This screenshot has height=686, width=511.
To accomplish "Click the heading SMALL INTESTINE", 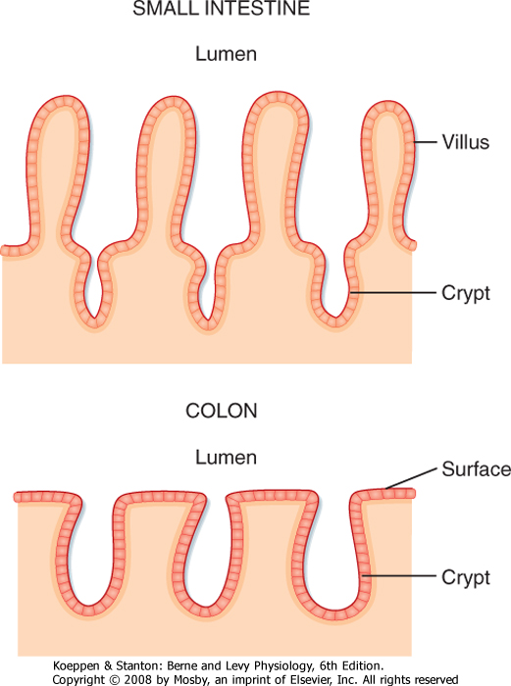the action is pyautogui.click(x=221, y=9).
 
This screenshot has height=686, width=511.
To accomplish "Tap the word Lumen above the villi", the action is pyautogui.click(x=226, y=54).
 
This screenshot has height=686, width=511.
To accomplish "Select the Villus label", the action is pyautogui.click(x=466, y=142).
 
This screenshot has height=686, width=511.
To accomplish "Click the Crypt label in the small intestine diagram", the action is pyautogui.click(x=466, y=294).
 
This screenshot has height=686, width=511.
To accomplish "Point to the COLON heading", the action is pyautogui.click(x=221, y=412).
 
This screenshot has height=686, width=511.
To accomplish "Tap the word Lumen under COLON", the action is pyautogui.click(x=226, y=458).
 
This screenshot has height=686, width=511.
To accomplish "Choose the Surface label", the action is pyautogui.click(x=476, y=469).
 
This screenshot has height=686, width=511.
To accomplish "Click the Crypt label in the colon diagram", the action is pyautogui.click(x=466, y=577).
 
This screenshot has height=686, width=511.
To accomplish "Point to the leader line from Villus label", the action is pyautogui.click(x=425, y=142).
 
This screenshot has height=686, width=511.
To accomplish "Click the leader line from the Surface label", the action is pyautogui.click(x=411, y=478).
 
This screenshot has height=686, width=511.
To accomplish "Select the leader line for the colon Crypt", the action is pyautogui.click(x=399, y=576).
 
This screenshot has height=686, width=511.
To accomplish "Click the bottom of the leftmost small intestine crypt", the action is pyautogui.click(x=94, y=321).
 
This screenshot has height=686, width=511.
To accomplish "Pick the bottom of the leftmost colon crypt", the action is pyautogui.click(x=89, y=610).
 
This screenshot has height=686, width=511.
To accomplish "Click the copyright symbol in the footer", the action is pyautogui.click(x=115, y=679).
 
